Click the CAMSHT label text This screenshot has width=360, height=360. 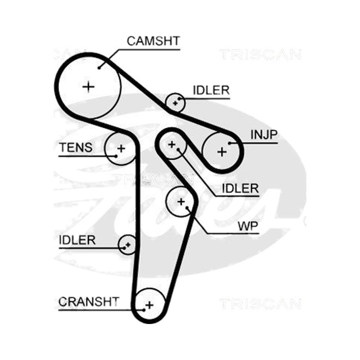click(153, 41)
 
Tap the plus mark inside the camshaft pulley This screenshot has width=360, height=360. click(88, 87)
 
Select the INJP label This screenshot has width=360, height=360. click(264, 135)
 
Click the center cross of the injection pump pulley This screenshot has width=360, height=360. click(222, 152)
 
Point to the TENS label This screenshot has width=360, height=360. click(76, 148)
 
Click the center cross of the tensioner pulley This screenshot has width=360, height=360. click(121, 148)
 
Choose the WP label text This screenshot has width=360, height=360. click(248, 226)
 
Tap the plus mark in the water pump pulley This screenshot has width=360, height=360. click(181, 202)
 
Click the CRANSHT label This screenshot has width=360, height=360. click(89, 301)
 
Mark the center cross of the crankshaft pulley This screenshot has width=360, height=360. click(149, 305)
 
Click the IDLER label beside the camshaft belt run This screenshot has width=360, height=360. click(211, 90)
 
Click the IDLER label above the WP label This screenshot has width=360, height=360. click(240, 189)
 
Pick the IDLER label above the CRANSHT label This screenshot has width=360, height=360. click(77, 240)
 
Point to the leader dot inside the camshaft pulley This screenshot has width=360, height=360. click(99, 68)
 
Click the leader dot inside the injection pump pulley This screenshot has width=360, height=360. click(229, 143)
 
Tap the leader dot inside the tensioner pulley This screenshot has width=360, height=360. click(116, 156)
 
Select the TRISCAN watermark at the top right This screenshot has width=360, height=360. click(260, 54)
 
